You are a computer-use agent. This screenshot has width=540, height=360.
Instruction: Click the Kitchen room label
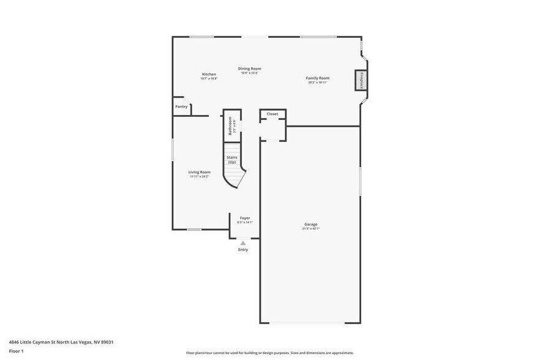tap(209, 74)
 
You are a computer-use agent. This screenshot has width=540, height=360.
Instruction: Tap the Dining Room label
tap(249, 69)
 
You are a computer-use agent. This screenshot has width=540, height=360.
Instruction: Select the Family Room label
tap(318, 78)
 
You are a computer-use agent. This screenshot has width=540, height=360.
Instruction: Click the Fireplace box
tap(361, 81)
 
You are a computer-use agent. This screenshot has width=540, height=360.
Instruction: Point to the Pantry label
tap(181, 107)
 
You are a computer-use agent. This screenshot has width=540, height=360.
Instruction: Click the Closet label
tap(272, 114)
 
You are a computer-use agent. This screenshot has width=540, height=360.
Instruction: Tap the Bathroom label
tap(231, 126)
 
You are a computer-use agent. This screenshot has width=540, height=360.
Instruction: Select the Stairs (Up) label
tap(232, 160)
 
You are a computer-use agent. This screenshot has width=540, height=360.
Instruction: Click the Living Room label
tap(199, 172)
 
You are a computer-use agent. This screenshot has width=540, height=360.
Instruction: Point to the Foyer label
tap(245, 218)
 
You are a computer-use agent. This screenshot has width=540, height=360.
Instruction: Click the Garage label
tap(311, 224)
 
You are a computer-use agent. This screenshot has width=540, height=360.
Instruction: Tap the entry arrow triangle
tap(243, 243)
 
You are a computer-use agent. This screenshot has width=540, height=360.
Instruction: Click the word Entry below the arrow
tap(243, 250)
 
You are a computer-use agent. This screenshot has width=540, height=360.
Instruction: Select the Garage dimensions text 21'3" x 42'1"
tap(311, 229)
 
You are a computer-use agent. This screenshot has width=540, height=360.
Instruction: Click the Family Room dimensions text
tap(318, 83)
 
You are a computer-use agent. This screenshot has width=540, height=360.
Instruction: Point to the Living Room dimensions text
tap(199, 177)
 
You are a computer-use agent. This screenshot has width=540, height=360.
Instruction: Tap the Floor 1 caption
tap(16, 351)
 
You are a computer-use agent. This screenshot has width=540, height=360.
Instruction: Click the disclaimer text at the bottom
tap(269, 353)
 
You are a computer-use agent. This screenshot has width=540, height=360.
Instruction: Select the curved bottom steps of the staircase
tap(234, 178)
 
